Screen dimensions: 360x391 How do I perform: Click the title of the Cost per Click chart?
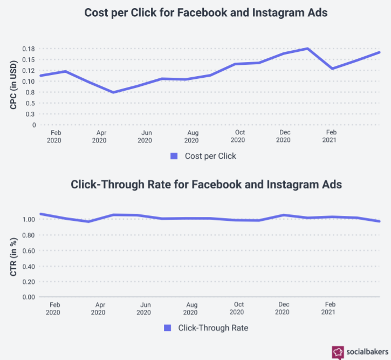[x=205, y=13]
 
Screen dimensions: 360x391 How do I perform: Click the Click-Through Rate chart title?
[x=206, y=184]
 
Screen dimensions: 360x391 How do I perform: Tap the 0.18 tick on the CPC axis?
[x=29, y=49]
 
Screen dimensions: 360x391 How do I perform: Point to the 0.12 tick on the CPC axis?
[x=29, y=71]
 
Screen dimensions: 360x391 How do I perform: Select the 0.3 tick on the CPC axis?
[x=31, y=114]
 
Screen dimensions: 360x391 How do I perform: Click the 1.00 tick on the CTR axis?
[x=29, y=220]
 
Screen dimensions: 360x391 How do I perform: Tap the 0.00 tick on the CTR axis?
[x=29, y=297]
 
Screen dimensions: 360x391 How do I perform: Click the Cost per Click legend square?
[x=174, y=156]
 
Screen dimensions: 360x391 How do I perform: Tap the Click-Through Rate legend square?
[x=167, y=328]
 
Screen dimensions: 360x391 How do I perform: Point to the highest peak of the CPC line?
[x=307, y=49]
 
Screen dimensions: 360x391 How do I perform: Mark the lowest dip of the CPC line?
[x=113, y=92]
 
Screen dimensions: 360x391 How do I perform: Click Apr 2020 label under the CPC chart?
[x=100, y=137]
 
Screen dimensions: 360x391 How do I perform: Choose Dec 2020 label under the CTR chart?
[x=282, y=308]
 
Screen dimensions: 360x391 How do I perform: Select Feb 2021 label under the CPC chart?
[x=330, y=137]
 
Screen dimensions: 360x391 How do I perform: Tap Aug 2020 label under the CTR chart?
[x=190, y=308]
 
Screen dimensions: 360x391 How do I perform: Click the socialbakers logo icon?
[x=338, y=352]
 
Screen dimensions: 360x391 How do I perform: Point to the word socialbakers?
[x=366, y=352]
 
